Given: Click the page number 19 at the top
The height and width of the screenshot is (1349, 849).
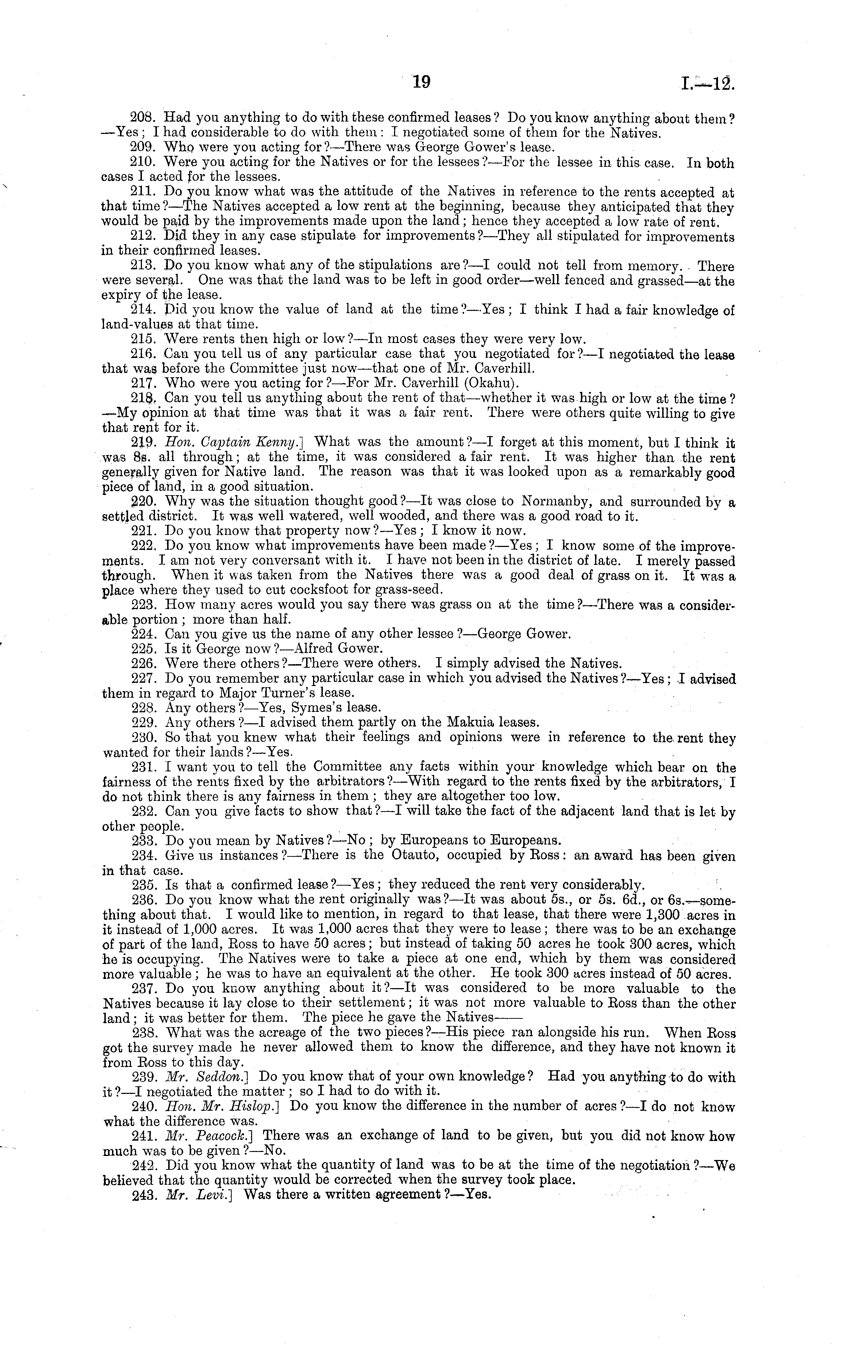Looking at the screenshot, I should coord(421,82).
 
